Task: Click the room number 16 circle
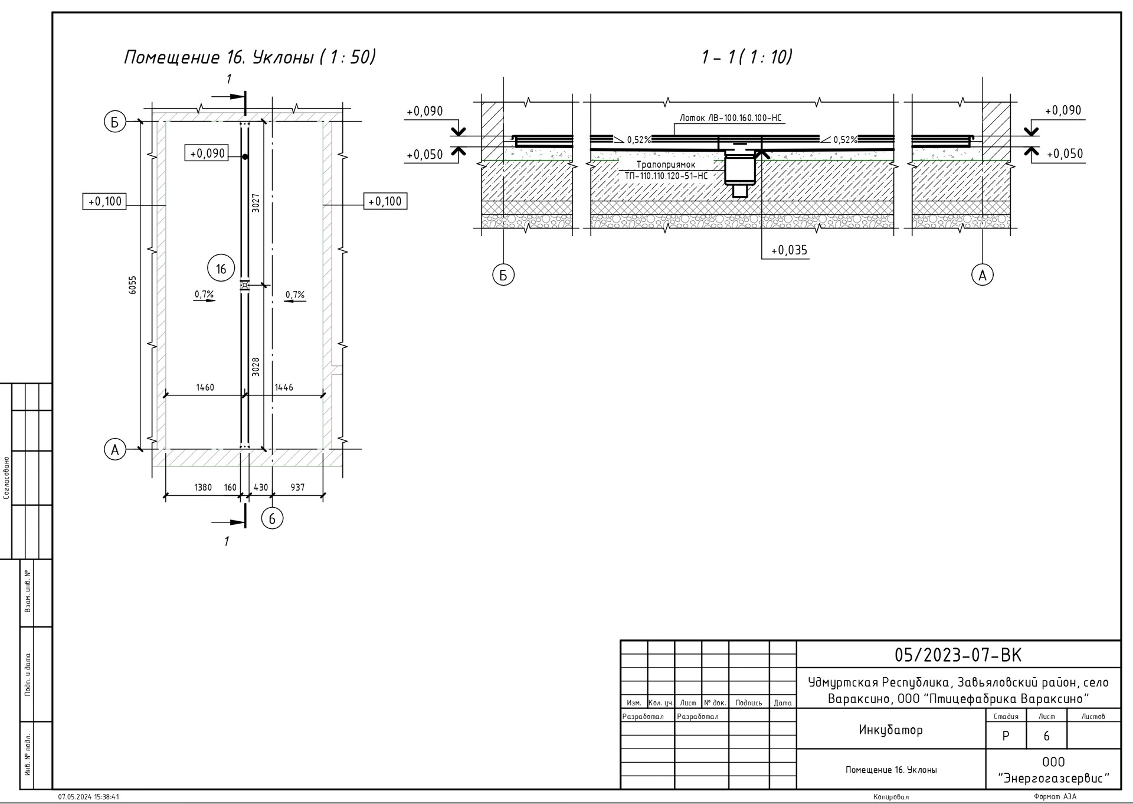[x=221, y=269]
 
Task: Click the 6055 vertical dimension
[x=133, y=285]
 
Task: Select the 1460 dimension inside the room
[x=205, y=387]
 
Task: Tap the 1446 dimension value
[x=284, y=387]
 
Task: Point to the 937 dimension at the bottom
[x=298, y=488]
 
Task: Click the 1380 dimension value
[x=203, y=488]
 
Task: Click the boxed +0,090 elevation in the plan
[x=207, y=153]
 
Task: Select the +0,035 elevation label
[x=789, y=250]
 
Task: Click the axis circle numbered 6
[x=272, y=518]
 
